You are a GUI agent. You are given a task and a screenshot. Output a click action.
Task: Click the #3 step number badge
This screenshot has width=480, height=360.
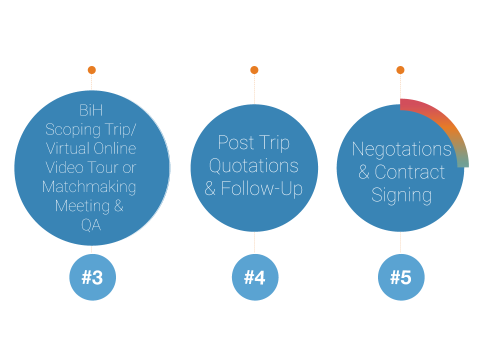pyautogui.click(x=92, y=277)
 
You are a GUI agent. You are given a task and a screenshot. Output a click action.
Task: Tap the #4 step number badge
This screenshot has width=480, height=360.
pyautogui.click(x=255, y=277)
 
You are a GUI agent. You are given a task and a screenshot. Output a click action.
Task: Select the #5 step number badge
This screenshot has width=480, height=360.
pyautogui.click(x=401, y=277)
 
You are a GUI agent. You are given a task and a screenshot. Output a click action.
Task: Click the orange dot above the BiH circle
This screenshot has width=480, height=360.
pyautogui.click(x=92, y=70)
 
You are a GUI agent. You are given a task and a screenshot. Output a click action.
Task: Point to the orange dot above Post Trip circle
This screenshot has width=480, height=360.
pyautogui.click(x=254, y=70)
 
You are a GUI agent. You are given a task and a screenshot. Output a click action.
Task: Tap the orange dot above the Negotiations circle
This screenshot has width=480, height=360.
pyautogui.click(x=400, y=70)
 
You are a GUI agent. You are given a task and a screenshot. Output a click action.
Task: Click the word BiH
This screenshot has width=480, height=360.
pyautogui.click(x=91, y=110)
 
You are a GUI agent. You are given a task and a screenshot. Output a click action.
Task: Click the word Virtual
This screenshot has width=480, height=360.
pyautogui.click(x=68, y=148)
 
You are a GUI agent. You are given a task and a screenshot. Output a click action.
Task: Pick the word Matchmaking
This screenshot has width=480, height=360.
pyautogui.click(x=89, y=186)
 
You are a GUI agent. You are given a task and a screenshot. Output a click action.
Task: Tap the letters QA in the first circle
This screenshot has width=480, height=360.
pyautogui.click(x=91, y=225)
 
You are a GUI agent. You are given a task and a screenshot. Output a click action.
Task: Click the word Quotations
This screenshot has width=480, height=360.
pyautogui.click(x=254, y=166)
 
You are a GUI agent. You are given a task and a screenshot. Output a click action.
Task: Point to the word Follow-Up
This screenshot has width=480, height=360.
pyautogui.click(x=261, y=188)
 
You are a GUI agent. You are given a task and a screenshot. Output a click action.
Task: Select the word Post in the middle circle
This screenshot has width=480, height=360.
pyautogui.click(x=236, y=142)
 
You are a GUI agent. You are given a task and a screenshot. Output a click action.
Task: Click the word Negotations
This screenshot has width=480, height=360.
pyautogui.click(x=401, y=149)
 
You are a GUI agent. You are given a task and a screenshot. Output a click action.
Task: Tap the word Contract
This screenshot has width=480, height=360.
pyautogui.click(x=409, y=172)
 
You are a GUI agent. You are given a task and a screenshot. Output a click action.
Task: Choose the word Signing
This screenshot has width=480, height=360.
pyautogui.click(x=401, y=195)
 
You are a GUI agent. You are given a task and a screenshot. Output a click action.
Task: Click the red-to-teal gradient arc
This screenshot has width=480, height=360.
pyautogui.click(x=447, y=124)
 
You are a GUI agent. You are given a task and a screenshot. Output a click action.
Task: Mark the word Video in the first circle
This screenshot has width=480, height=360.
pyautogui.click(x=64, y=168)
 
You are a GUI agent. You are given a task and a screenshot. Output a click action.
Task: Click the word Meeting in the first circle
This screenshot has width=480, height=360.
pyautogui.click(x=82, y=205)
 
